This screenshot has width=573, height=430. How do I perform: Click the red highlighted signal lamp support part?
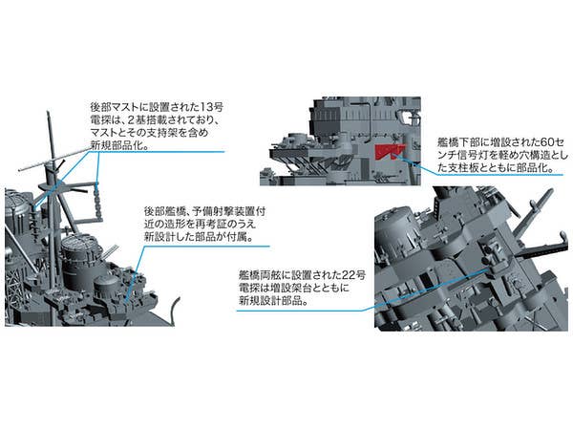pyautogui.click(x=388, y=151)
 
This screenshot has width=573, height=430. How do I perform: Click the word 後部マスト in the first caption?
pyautogui.click(x=117, y=107)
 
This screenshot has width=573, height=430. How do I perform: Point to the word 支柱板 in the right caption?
pyautogui.click(x=465, y=167)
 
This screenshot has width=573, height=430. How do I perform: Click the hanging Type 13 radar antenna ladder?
pyautogui.click(x=97, y=200)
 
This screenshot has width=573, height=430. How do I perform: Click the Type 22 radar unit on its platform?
pyautogui.click(x=491, y=253)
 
